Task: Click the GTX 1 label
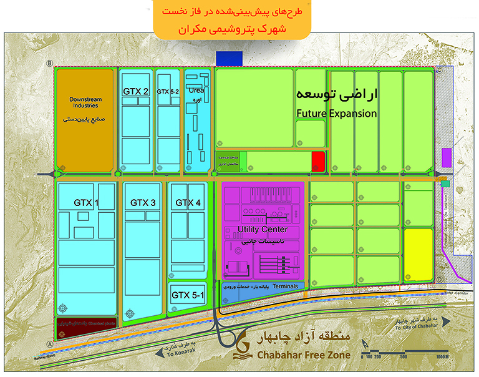(x=86, y=203)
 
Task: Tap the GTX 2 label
(x=135, y=91)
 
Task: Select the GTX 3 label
(x=143, y=203)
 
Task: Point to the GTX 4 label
(x=188, y=203)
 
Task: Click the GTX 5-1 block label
(x=188, y=295)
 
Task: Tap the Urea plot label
(x=196, y=90)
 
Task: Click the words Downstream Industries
(x=85, y=103)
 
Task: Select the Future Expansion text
(x=337, y=114)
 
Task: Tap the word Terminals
(x=286, y=286)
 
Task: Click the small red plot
(x=318, y=160)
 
